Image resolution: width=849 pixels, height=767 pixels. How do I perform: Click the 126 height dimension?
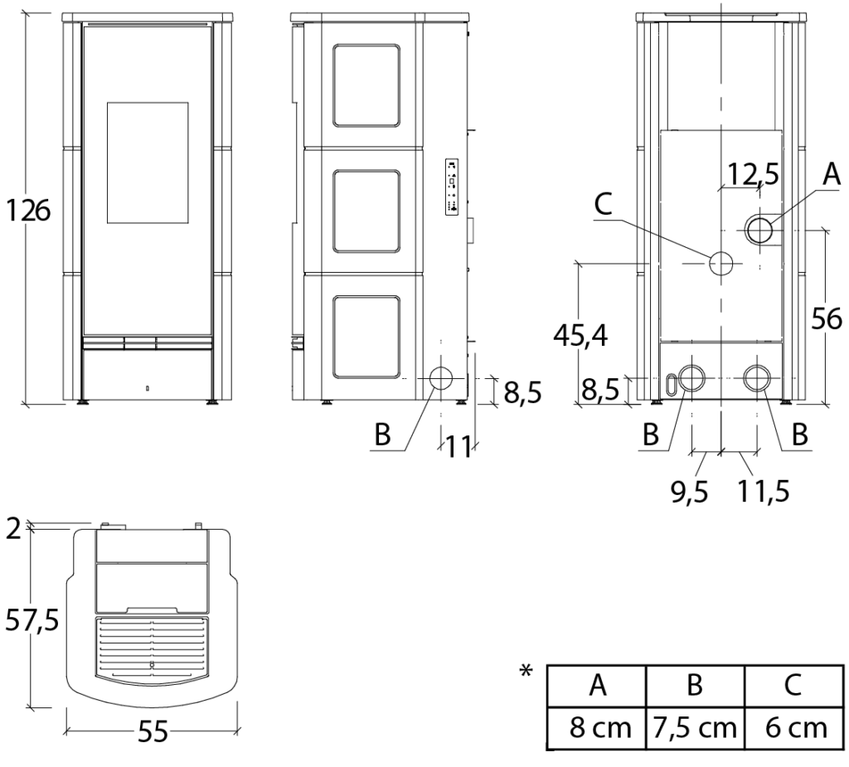coord(27,211)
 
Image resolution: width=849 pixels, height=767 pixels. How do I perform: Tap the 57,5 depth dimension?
coord(32,619)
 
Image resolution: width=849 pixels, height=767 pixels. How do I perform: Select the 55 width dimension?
coord(153,732)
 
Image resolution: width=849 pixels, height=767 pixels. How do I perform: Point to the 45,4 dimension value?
coord(580,336)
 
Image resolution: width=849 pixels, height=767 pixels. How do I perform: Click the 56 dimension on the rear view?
coord(827,318)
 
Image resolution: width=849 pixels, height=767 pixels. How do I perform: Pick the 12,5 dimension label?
coord(753,174)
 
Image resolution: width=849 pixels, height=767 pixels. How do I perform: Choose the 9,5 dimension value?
coord(689,492)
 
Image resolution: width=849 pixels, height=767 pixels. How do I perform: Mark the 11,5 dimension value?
coord(764,492)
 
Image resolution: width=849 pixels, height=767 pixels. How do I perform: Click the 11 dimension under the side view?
coord(458,447)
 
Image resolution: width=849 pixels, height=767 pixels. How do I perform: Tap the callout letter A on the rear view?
coord(831,175)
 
